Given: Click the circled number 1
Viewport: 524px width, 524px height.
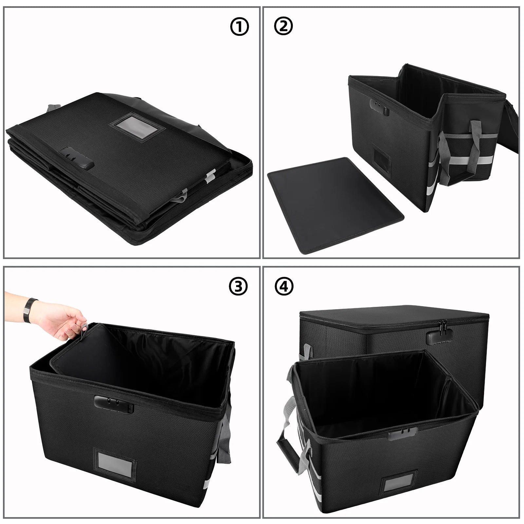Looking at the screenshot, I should [239, 27].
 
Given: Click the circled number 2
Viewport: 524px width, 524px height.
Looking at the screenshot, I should [284, 27].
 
